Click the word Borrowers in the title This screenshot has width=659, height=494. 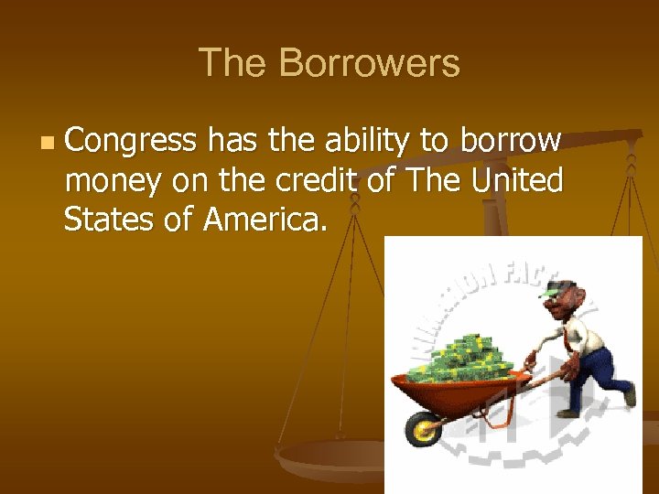click(369, 64)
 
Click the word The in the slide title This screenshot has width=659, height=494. click(233, 64)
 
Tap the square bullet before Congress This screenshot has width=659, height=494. click(47, 144)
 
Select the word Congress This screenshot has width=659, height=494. click(131, 142)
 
